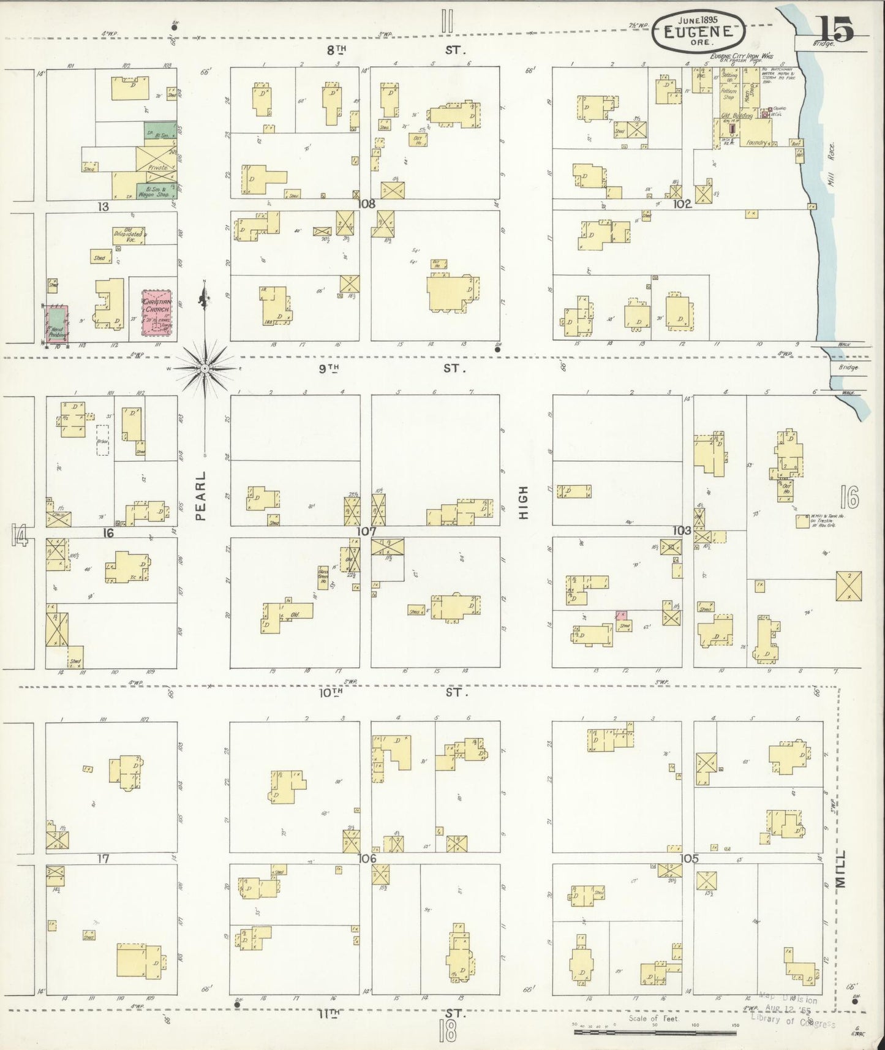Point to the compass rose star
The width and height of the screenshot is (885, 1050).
205,368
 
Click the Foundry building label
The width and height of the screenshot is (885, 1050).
756,142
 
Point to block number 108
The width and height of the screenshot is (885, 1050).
367,204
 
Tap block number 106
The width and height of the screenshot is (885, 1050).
367,858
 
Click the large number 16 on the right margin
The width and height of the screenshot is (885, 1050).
849,497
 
